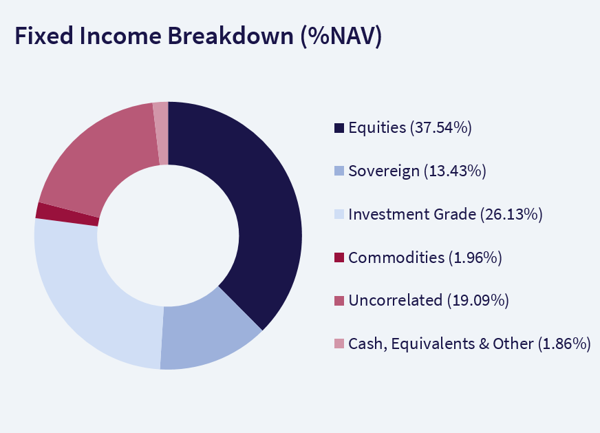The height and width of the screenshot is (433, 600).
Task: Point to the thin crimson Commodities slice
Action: coord(67,214)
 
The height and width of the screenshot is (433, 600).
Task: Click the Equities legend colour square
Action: coord(339,127)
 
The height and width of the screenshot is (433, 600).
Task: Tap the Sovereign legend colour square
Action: coord(339,171)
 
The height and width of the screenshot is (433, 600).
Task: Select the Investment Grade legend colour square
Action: coord(339,214)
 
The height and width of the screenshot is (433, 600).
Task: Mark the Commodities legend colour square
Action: coord(339,257)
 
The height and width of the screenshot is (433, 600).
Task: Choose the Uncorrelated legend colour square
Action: coord(339,301)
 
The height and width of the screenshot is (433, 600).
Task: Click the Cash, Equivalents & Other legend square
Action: coord(339,344)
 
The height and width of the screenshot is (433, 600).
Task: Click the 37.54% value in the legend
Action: coord(441,127)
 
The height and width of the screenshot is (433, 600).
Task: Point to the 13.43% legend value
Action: coord(455,171)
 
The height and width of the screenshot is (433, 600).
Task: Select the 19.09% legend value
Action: coord(478,301)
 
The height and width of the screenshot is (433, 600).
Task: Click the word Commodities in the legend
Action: coord(396,257)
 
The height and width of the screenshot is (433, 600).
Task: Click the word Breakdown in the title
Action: coord(231,36)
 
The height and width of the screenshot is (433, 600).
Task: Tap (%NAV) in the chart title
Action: coord(341,36)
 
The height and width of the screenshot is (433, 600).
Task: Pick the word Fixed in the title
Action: coord(43,36)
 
